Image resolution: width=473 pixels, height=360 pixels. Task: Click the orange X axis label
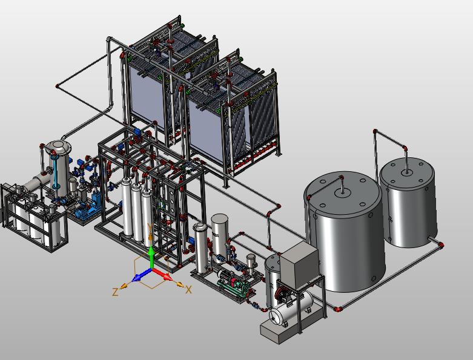(188, 290)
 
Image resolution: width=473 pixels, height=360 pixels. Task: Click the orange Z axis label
(115, 292)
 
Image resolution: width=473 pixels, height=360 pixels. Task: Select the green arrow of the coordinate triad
(152, 257)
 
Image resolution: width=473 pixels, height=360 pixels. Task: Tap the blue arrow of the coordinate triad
(141, 275)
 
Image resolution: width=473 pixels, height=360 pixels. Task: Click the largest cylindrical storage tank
(345, 232)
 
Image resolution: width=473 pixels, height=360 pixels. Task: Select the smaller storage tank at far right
(408, 202)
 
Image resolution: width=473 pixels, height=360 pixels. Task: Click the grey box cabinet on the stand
(299, 265)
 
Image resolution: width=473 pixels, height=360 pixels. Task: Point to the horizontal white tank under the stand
(291, 309)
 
